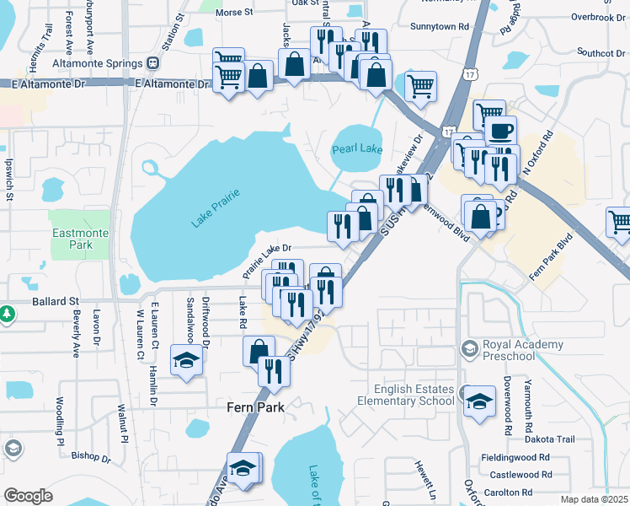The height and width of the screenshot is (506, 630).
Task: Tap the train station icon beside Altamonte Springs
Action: click(153, 62)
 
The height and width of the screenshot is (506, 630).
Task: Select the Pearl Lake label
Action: click(357, 149)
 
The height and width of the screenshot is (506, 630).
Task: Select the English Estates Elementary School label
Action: click(415, 395)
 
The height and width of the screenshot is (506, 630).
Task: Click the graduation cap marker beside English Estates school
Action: click(480, 401)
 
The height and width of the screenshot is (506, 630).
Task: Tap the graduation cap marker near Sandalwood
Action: click(186, 360)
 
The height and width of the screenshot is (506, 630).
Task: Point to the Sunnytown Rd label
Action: click(439, 27)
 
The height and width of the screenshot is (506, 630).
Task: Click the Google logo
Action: click(28, 496)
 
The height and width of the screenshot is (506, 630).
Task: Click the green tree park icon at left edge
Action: click(7, 314)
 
